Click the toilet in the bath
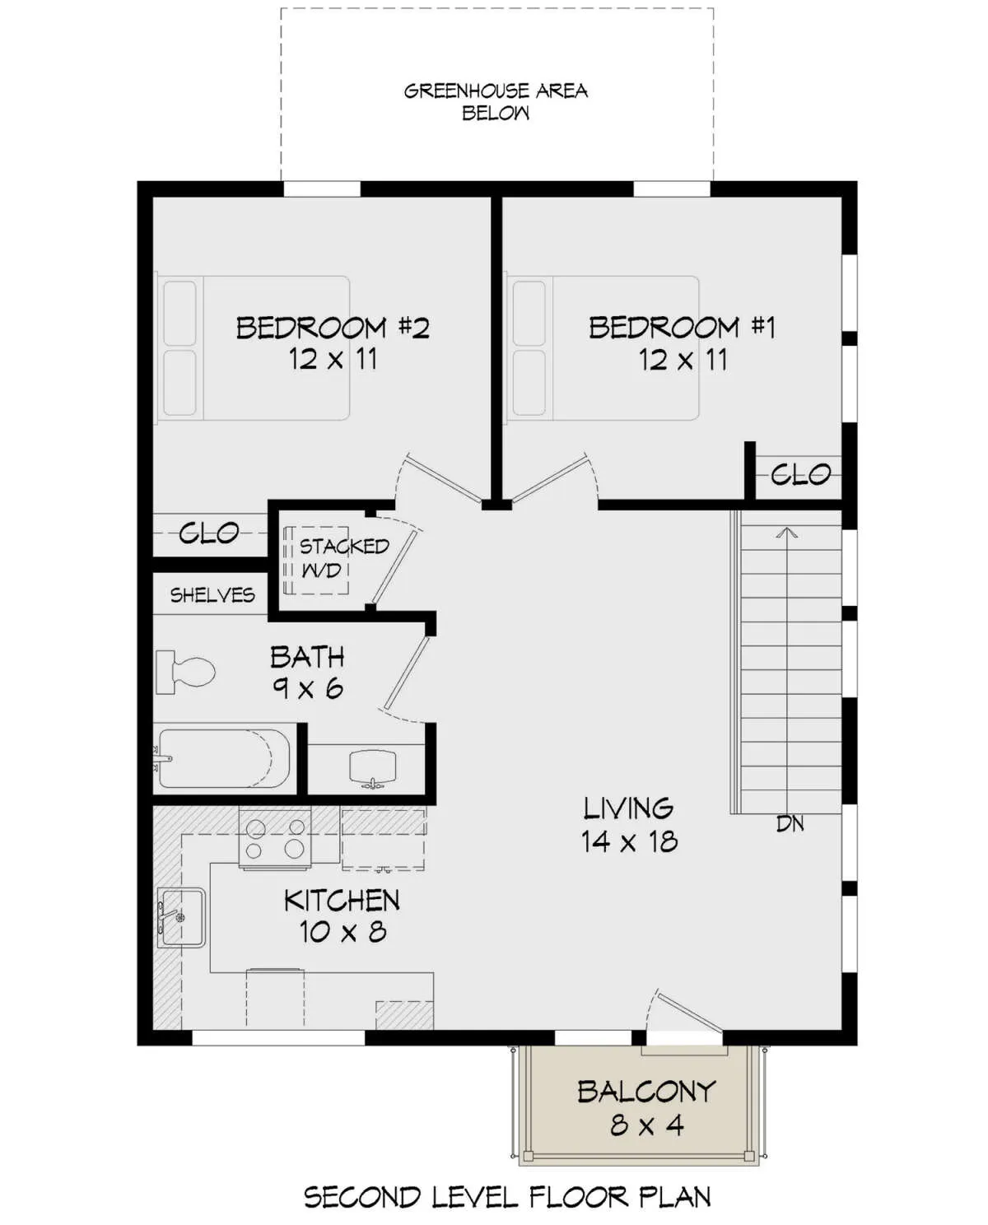[185, 673]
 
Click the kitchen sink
[181, 918]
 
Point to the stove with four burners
[274, 841]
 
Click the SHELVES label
[212, 595]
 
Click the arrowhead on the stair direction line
[788, 533]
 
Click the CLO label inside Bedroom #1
[800, 474]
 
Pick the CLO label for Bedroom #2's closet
[208, 533]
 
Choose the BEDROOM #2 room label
[333, 328]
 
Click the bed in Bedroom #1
[603, 348]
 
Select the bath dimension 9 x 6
[307, 689]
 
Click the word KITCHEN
[342, 901]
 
